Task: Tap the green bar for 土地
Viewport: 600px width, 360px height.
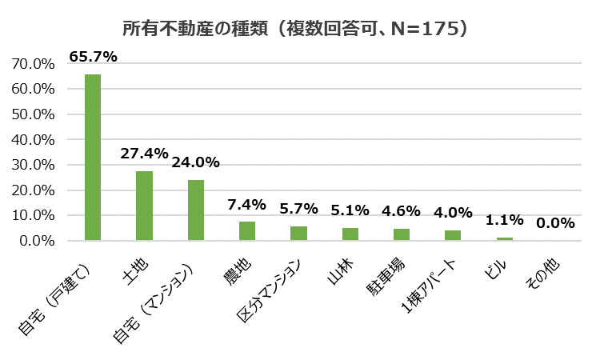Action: [x=144, y=206]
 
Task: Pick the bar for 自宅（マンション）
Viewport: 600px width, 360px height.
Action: [x=196, y=210]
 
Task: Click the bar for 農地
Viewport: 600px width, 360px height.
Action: [x=247, y=230]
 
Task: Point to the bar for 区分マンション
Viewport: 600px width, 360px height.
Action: [x=298, y=233]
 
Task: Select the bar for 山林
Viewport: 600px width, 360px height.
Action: [x=350, y=234]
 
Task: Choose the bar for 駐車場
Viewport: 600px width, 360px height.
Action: [x=401, y=234]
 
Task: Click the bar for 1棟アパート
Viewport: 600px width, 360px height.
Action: [x=453, y=235]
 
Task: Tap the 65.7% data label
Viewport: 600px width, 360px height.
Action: [x=94, y=57]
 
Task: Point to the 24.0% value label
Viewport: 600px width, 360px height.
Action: [x=196, y=162]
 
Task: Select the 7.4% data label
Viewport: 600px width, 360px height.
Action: [x=247, y=204]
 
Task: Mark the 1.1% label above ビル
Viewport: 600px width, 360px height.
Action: [x=504, y=220]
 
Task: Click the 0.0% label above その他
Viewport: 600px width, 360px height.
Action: [x=555, y=223]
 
